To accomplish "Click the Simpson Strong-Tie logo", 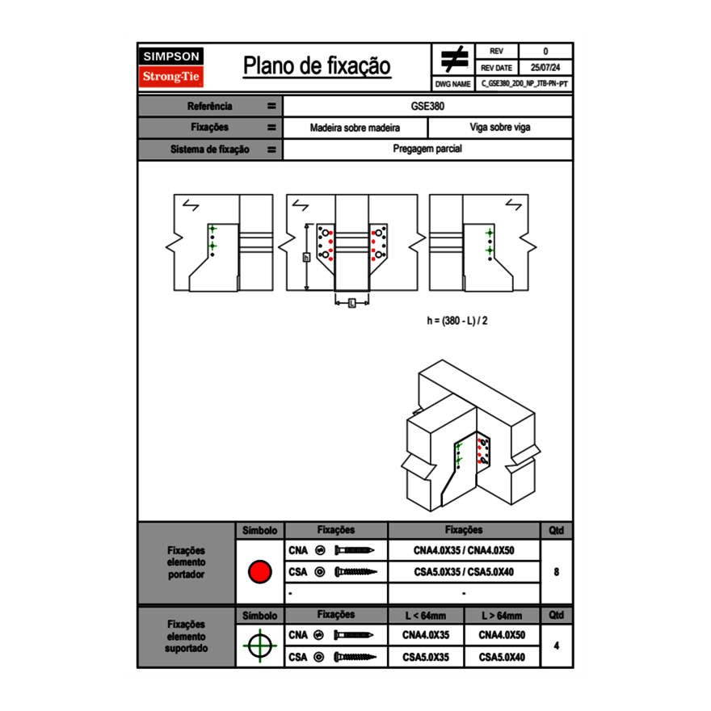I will click(172, 67).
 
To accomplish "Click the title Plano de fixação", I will click(317, 65).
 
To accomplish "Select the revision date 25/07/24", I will click(545, 68).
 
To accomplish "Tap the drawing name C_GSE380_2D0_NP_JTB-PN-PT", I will click(524, 83).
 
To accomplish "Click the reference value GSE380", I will click(427, 106).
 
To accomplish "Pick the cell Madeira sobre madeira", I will click(355, 128).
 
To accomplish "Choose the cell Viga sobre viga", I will click(499, 128).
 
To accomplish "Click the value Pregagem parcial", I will click(427, 149).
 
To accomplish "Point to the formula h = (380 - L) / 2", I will click(457, 321).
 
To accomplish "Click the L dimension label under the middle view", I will click(352, 302).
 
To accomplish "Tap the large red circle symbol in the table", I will click(259, 572).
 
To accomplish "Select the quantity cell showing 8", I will click(556, 572).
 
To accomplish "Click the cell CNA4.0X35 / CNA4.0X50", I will click(464, 550).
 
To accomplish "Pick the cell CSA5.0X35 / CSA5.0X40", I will click(464, 572).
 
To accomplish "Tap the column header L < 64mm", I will click(426, 616).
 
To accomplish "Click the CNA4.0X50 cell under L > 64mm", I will click(502, 635).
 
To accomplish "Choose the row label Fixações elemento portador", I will click(186, 562).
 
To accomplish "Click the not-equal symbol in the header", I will click(453, 60).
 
